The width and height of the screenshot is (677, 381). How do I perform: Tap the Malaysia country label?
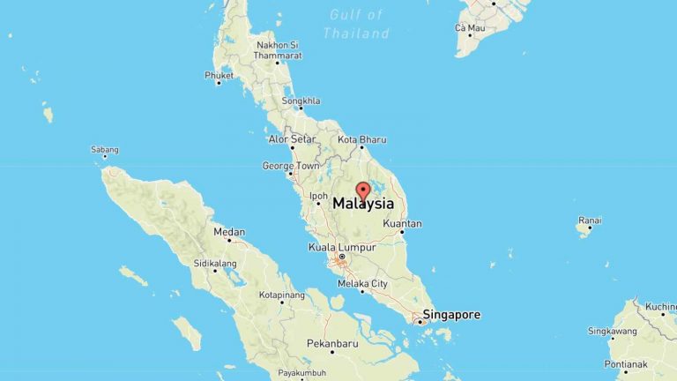click(x=363, y=204)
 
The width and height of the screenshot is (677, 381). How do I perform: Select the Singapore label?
click(x=452, y=314)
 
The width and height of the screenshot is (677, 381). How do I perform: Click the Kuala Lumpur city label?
click(x=342, y=247)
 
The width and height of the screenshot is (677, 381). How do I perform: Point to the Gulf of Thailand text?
click(x=356, y=24)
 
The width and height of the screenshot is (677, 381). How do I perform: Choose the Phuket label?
click(x=219, y=76)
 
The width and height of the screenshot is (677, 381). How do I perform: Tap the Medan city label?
click(x=229, y=233)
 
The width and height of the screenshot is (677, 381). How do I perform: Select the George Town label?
click(x=291, y=166)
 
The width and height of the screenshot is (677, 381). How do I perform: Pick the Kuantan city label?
click(x=403, y=224)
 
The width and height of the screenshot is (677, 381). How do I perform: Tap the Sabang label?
click(x=104, y=150)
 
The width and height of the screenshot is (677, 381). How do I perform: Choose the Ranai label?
click(x=590, y=220)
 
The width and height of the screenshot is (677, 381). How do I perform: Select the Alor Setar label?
click(x=292, y=139)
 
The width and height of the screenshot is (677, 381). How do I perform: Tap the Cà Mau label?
click(x=470, y=28)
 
